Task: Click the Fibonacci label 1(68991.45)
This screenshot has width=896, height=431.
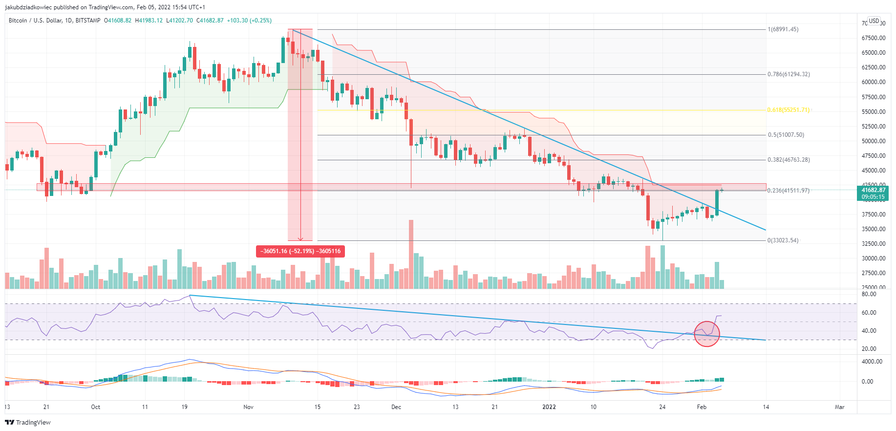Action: point(783,29)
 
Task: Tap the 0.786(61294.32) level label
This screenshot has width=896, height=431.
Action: point(789,74)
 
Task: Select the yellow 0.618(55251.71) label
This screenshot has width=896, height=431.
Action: point(789,110)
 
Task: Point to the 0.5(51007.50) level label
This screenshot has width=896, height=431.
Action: point(786,135)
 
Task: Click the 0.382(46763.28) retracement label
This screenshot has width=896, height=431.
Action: point(789,160)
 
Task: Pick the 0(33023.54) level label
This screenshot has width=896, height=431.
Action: point(783,240)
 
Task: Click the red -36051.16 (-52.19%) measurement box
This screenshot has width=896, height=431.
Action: point(300,251)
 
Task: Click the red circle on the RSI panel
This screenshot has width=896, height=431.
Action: point(707,334)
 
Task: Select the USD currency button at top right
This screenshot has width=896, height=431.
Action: point(874,21)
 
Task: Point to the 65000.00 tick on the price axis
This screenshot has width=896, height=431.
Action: point(874,53)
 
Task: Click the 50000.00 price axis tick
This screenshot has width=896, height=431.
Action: point(874,141)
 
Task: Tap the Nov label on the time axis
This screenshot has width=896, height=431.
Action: point(248,407)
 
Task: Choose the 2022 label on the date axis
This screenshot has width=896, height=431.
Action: point(549,407)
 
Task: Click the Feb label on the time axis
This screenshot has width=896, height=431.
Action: point(702,407)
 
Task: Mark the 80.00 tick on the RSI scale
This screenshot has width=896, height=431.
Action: point(869,294)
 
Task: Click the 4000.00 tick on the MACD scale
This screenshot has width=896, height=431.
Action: point(872,362)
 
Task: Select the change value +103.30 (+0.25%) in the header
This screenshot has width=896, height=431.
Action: point(249,21)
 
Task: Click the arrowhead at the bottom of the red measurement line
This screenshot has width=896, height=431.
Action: point(300,239)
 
